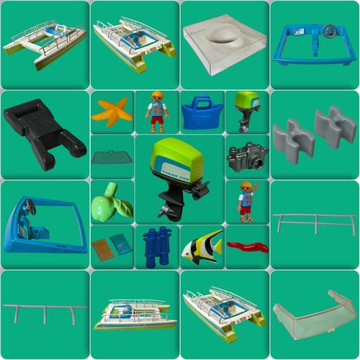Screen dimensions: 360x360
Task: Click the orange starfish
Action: point(112,112)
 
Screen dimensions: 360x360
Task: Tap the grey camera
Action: point(246,156)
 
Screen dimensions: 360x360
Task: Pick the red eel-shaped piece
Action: point(247,247)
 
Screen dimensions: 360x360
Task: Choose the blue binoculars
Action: point(157,246)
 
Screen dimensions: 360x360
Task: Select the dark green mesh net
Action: point(112,156)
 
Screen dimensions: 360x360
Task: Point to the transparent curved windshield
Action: point(314,315)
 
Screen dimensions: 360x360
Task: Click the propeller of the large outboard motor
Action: point(166,212)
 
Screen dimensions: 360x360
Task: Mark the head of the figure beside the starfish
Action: point(157,98)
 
